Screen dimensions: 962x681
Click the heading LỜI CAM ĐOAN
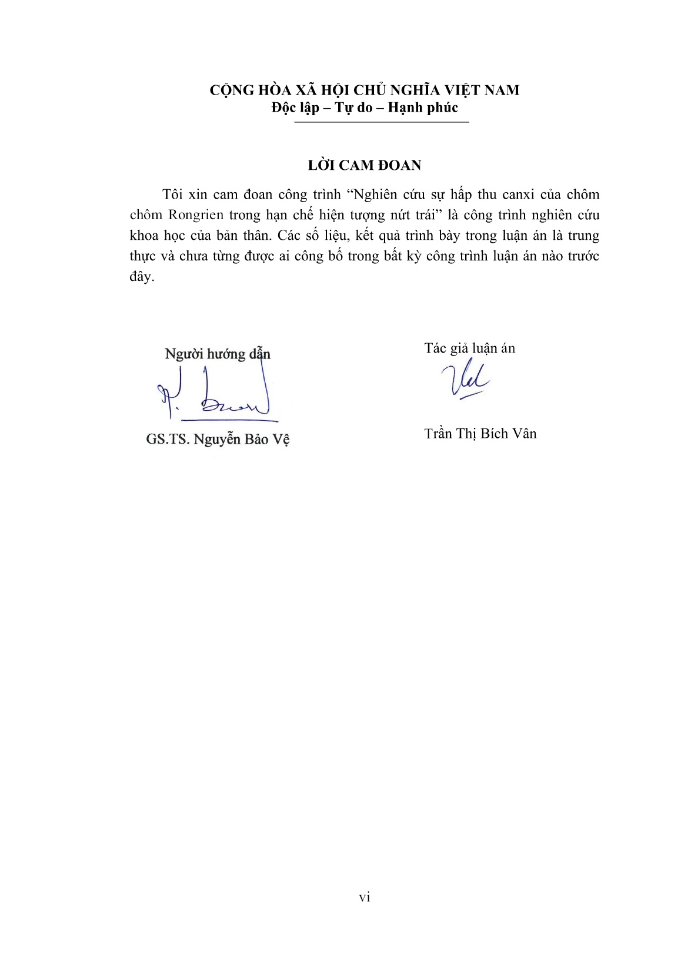365,166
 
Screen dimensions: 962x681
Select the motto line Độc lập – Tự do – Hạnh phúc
365,108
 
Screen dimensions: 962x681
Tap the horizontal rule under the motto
381,122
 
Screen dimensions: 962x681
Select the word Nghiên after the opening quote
377,195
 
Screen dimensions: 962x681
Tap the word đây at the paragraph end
141,277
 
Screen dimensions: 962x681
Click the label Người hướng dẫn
218,354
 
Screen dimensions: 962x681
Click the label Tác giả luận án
469,348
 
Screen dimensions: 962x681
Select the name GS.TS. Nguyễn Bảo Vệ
218,440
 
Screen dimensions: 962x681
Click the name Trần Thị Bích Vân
480,434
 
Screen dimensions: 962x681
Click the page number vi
365,897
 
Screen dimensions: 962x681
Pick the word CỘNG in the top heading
232,90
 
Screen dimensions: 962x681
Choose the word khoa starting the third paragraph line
144,236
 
